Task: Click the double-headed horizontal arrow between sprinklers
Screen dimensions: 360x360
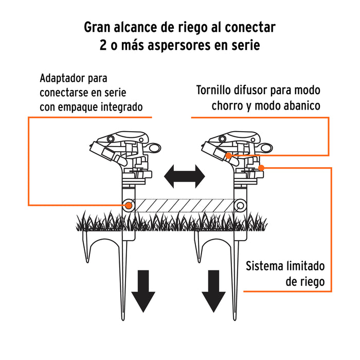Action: coord(184,177)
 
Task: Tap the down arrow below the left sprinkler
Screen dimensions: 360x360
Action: coord(143,292)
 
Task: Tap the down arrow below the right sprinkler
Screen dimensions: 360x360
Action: coord(214,292)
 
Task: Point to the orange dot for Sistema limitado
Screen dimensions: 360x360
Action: coord(261,168)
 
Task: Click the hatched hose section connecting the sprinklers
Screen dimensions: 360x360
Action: coord(184,205)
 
